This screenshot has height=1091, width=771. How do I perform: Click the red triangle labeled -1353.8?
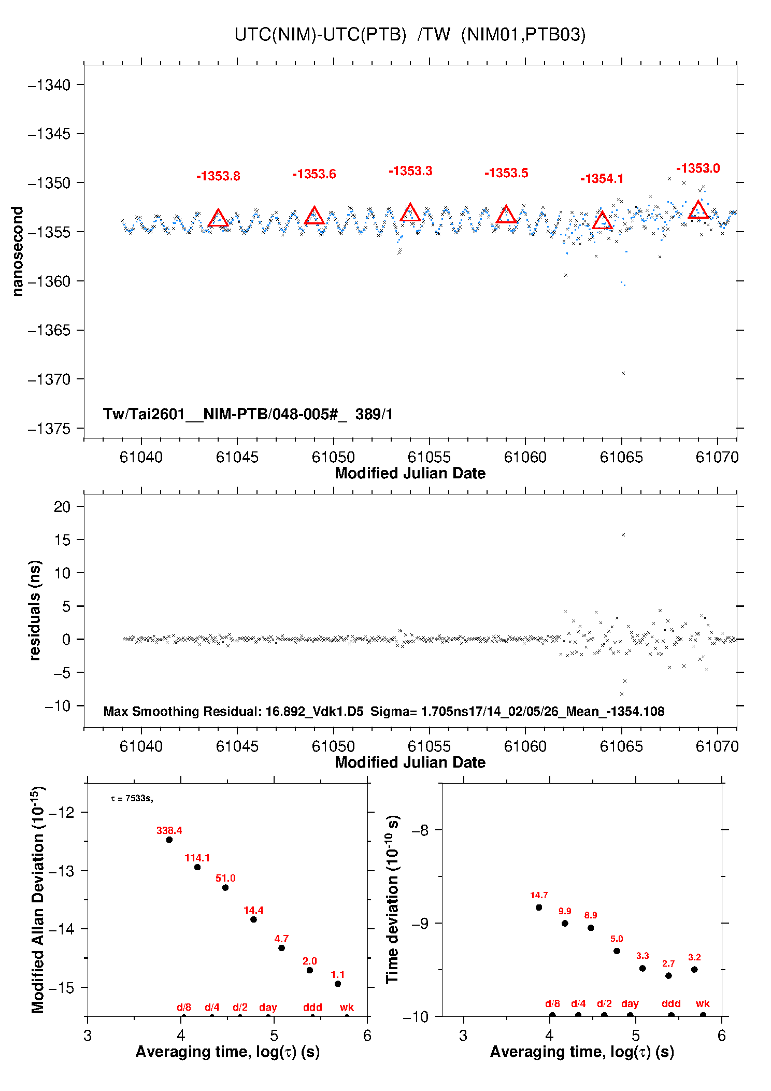click(x=218, y=219)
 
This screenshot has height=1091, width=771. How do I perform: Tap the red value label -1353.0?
click(x=697, y=168)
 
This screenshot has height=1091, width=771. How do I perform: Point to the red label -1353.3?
click(x=410, y=171)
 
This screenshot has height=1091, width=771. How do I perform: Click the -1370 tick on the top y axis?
click(x=49, y=379)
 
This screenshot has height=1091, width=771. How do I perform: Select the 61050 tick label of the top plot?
click(x=333, y=457)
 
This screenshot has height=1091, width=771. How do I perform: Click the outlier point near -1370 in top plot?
click(x=623, y=373)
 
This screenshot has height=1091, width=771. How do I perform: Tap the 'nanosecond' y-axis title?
click(x=18, y=251)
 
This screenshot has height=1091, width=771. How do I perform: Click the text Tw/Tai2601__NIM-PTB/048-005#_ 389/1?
click(x=248, y=414)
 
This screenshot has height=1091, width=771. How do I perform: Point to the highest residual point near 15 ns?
click(x=623, y=535)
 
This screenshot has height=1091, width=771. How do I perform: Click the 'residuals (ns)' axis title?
click(x=35, y=610)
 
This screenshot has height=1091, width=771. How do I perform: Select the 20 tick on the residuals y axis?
click(x=62, y=506)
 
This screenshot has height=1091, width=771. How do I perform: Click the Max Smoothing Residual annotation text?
click(x=383, y=711)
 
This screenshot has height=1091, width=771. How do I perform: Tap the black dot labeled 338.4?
click(x=169, y=840)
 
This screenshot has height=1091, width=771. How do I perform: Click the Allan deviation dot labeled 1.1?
click(x=338, y=984)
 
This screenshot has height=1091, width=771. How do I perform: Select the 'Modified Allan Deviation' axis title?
click(x=38, y=899)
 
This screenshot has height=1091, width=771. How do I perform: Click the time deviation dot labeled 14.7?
click(x=539, y=908)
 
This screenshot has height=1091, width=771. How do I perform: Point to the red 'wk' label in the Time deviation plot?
click(x=703, y=1004)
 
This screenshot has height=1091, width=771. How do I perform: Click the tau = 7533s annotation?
click(x=132, y=799)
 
